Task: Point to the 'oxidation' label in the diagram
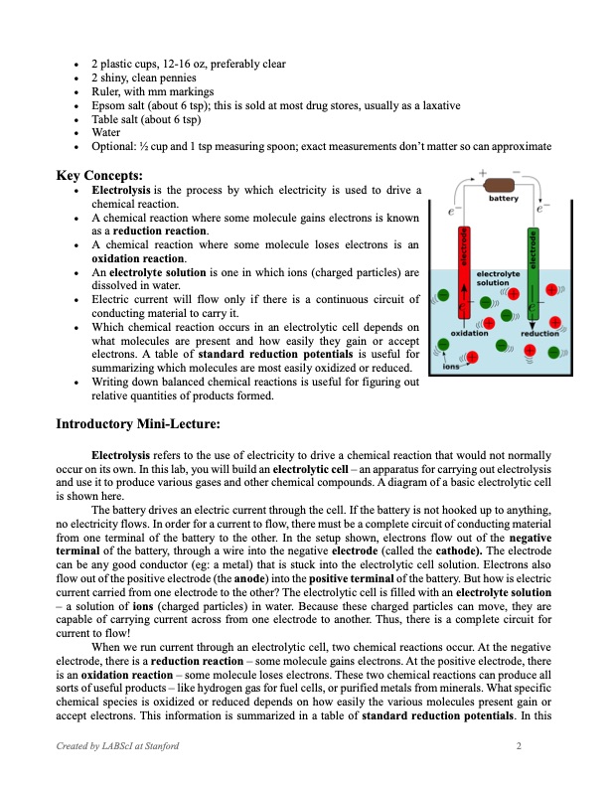click(468, 333)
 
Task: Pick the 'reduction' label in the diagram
click(540, 333)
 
